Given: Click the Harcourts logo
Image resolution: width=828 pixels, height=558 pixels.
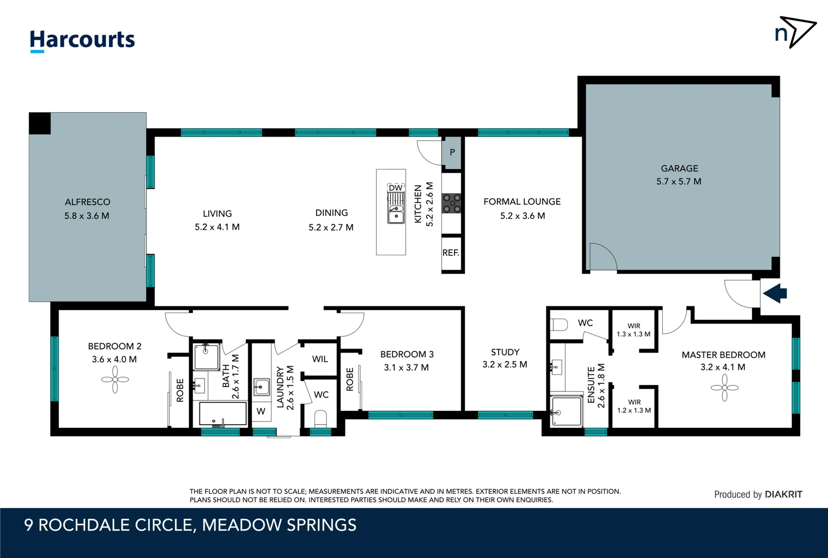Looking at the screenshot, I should point(82,40).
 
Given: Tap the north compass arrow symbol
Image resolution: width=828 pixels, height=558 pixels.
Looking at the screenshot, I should point(795,32).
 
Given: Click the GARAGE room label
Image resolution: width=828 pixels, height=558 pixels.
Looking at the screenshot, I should point(679,168).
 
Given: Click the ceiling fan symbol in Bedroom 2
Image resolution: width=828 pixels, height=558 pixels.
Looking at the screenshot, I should point(115,380).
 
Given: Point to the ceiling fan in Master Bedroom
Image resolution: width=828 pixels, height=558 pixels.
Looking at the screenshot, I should point(724,388).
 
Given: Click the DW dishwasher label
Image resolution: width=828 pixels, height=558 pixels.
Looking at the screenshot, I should point(395,188).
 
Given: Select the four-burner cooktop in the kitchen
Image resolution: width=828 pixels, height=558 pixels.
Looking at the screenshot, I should point(451,203).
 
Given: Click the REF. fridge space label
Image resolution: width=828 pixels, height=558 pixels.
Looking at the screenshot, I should point(450,253).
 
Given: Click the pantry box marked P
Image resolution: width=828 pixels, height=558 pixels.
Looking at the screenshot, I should point(452,152).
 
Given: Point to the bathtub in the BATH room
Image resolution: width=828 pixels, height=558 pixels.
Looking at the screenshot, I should point(223,413).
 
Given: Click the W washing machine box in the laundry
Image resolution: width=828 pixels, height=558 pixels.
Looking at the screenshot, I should point(261,411).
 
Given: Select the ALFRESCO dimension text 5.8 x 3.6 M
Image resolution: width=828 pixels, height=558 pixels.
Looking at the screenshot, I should point(87,216).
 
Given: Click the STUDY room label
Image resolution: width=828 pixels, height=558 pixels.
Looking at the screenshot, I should point(505,352).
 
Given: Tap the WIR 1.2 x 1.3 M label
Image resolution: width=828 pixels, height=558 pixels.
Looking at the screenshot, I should point(634,406).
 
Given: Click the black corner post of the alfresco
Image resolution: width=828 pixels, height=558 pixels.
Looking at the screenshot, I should point(40,123).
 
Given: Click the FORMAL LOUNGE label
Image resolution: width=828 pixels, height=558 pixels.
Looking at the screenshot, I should point(522,202).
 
